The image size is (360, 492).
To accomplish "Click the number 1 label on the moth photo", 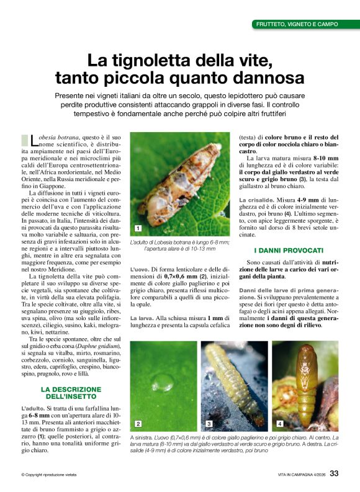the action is [137, 228].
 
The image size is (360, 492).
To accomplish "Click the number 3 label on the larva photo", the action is [209, 424].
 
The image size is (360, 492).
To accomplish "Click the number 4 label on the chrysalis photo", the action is [280, 424].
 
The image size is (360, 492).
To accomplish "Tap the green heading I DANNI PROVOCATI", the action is [289, 250].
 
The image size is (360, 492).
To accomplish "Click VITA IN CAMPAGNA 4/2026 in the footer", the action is [301, 475].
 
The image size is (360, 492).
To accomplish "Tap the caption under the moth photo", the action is [179, 245].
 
